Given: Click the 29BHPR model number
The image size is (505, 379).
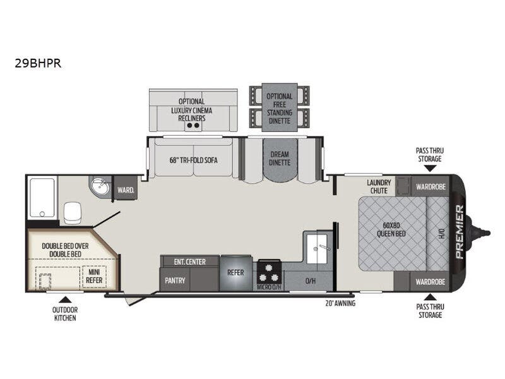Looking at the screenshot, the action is click(x=38, y=63).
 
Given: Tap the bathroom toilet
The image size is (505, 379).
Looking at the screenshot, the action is click(x=73, y=213).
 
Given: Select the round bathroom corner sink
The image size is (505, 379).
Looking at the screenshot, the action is click(x=100, y=186).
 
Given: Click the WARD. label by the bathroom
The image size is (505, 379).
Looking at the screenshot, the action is click(x=126, y=190).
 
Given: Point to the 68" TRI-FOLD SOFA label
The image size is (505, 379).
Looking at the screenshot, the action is click(x=194, y=160).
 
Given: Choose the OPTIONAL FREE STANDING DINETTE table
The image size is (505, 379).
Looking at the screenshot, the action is click(x=280, y=107).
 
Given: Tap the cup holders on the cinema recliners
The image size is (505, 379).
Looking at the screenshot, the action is click(x=194, y=125).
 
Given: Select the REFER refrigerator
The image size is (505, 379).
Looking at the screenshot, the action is click(x=235, y=273).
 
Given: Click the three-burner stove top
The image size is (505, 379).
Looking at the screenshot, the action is click(x=269, y=272).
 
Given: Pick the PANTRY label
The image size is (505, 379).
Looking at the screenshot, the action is click(x=175, y=280).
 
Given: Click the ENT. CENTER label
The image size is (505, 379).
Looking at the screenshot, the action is click(x=190, y=262).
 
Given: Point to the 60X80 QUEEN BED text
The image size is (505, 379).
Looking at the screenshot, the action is click(x=391, y=229).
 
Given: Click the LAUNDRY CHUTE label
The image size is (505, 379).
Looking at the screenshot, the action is click(x=379, y=186).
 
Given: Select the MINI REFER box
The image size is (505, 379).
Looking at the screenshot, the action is click(x=94, y=277).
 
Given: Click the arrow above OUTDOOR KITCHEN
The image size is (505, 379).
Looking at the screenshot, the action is click(x=66, y=299).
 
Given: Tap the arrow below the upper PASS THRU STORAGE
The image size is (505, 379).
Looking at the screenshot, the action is click(x=430, y=168).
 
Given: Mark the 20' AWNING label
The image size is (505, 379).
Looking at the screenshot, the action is click(x=340, y=303).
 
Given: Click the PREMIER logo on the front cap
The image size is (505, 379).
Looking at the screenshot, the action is click(x=460, y=232).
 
